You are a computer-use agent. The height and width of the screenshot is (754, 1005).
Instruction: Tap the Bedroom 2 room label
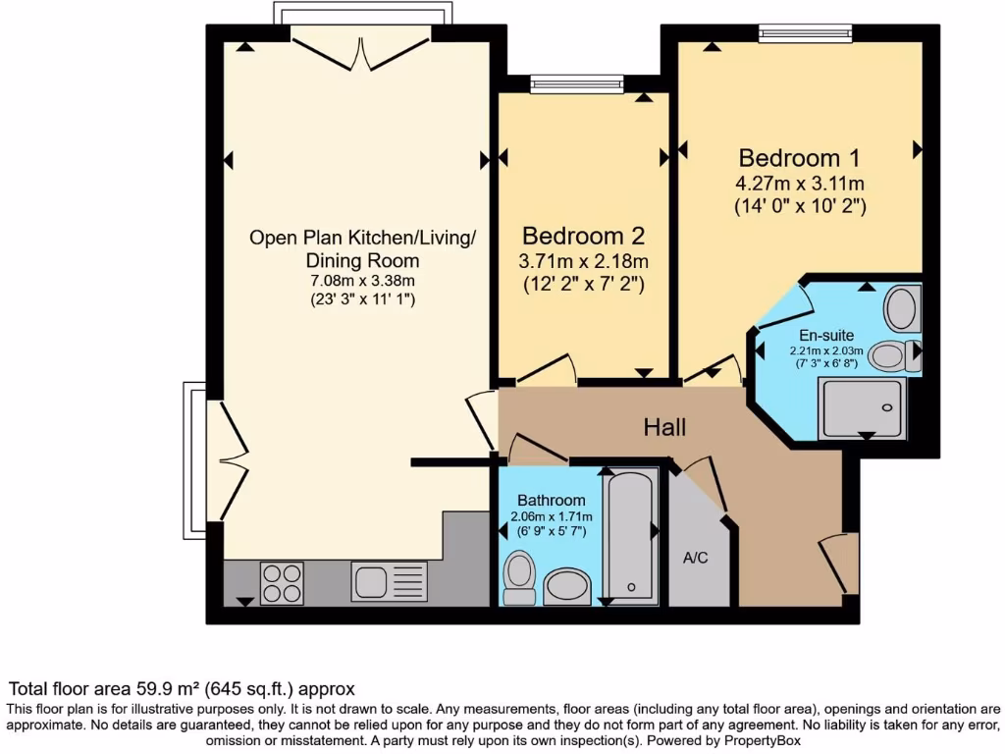583,236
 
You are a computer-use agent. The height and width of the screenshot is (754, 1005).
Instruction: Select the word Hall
664,427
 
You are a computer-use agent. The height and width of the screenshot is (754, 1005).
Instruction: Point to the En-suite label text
826,336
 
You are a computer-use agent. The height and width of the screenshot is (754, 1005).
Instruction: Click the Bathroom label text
551,500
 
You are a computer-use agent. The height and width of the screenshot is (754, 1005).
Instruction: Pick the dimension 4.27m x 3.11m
799,184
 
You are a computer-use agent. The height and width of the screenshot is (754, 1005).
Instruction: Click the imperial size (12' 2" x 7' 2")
583,286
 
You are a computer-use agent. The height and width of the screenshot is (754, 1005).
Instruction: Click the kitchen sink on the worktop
373,582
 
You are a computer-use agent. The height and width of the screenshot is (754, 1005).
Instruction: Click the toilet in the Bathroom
518,576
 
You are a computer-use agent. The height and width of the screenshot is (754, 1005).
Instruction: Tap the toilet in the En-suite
891,355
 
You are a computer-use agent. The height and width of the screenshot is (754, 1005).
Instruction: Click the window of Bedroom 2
577,84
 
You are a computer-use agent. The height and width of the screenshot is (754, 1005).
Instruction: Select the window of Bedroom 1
805,33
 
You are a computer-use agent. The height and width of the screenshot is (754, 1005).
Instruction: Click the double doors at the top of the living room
362,49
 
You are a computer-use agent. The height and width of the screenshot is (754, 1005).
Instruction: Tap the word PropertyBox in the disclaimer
754,741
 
